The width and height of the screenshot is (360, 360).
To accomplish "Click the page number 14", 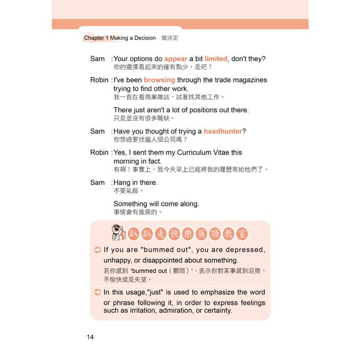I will (90, 337).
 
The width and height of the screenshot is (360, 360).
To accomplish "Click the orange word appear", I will (176, 59).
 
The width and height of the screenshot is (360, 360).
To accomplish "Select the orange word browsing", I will (159, 80).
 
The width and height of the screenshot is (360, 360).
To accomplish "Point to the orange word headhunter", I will (223, 131).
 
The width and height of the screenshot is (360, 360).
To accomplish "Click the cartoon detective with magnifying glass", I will (117, 233).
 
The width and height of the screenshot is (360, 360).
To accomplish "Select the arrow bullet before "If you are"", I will (97, 250).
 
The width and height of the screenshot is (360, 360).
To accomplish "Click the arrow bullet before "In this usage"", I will (97, 292).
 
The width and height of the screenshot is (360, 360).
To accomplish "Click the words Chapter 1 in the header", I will (96, 38).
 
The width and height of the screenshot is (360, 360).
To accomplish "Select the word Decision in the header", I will (143, 38).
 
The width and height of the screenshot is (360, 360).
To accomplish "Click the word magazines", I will (245, 80).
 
